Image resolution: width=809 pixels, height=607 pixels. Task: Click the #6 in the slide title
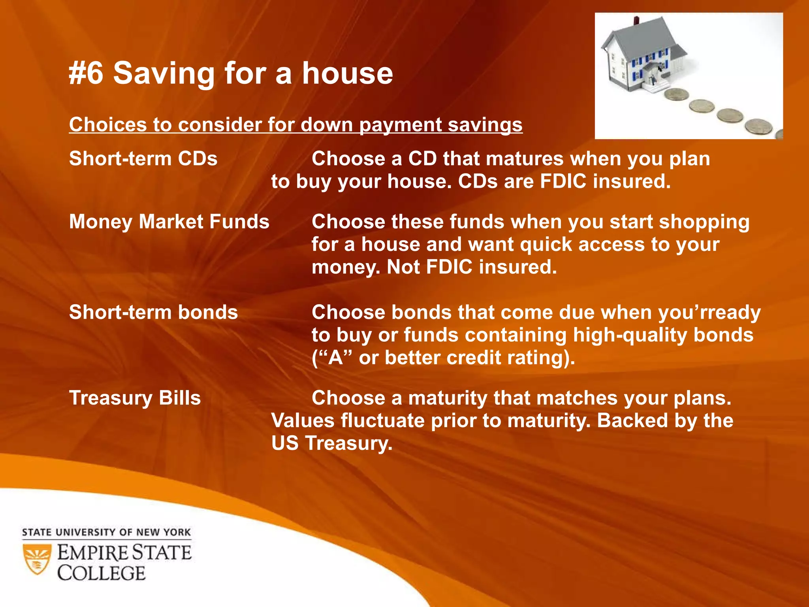[x=86, y=74]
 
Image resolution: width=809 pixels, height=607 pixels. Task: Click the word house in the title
[x=348, y=74]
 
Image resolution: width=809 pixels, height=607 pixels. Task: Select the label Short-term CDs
[x=143, y=159]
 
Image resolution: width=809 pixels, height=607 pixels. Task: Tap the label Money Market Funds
[x=169, y=222]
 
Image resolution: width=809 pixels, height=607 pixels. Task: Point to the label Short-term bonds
[x=153, y=313]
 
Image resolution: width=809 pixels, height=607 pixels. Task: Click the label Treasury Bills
[x=135, y=398]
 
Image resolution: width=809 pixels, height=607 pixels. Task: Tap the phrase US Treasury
[x=332, y=443]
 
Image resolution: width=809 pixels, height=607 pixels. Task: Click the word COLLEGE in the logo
[x=102, y=573]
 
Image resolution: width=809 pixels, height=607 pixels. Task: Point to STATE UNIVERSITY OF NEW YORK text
[x=106, y=532]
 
